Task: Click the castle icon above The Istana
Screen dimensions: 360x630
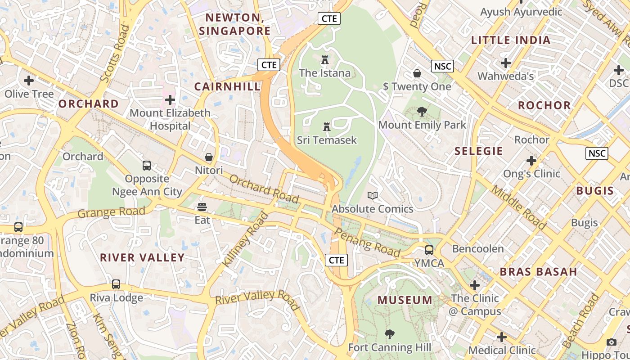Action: click(x=325, y=59)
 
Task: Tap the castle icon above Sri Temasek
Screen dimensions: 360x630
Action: click(x=327, y=127)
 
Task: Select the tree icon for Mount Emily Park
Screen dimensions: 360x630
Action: click(x=422, y=112)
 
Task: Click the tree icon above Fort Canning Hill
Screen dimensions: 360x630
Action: click(x=390, y=334)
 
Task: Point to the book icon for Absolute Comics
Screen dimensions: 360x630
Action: click(x=372, y=195)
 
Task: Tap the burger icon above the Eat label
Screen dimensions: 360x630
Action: click(x=202, y=207)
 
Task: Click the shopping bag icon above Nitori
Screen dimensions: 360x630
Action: click(x=209, y=157)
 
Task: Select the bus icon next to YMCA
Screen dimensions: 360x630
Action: click(x=429, y=250)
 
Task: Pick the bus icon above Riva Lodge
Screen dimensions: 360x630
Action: click(x=116, y=284)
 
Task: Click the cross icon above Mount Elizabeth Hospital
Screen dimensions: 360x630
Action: click(x=170, y=99)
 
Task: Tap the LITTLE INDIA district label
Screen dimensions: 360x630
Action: click(x=511, y=40)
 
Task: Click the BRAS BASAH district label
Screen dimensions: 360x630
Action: click(x=538, y=272)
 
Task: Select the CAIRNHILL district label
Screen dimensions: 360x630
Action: click(x=227, y=86)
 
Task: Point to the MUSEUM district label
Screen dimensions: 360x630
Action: click(x=405, y=300)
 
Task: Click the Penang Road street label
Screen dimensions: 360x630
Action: click(x=368, y=243)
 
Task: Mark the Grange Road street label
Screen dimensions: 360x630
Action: click(x=111, y=211)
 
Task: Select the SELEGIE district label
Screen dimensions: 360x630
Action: click(x=478, y=151)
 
